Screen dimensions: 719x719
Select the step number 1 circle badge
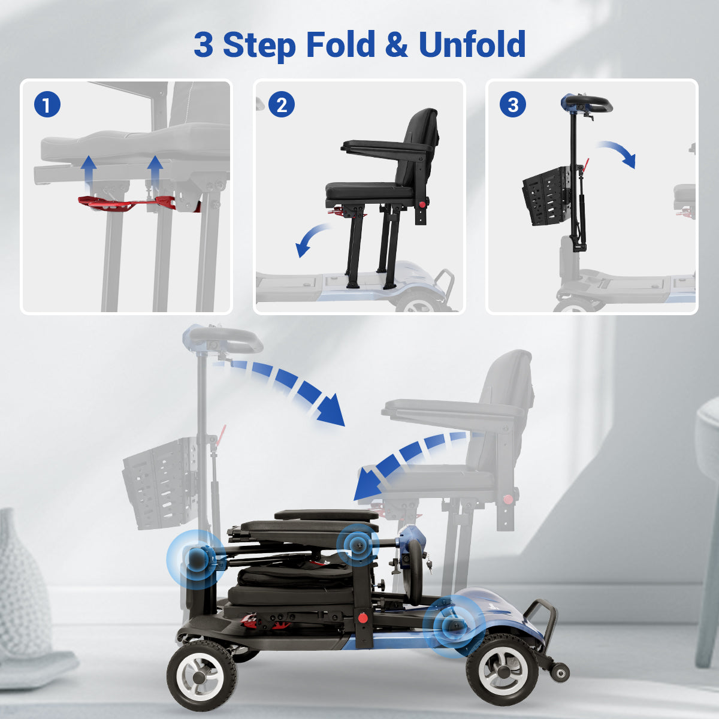pyautogui.click(x=47, y=104)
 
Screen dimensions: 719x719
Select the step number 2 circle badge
pyautogui.click(x=282, y=104)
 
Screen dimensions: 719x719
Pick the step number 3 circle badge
pyautogui.click(x=513, y=104)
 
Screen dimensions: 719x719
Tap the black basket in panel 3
pyautogui.click(x=545, y=196)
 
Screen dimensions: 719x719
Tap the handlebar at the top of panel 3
pyautogui.click(x=588, y=104)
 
